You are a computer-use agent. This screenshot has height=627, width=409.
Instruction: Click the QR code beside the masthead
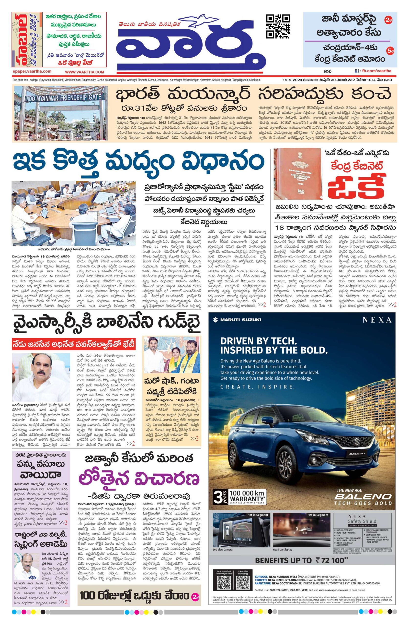(278, 27)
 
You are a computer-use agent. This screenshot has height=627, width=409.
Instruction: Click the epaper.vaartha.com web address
(32, 71)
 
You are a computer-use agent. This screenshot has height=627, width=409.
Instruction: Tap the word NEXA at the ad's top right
(377, 320)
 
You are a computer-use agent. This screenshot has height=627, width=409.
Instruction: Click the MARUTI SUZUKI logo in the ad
(237, 320)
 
